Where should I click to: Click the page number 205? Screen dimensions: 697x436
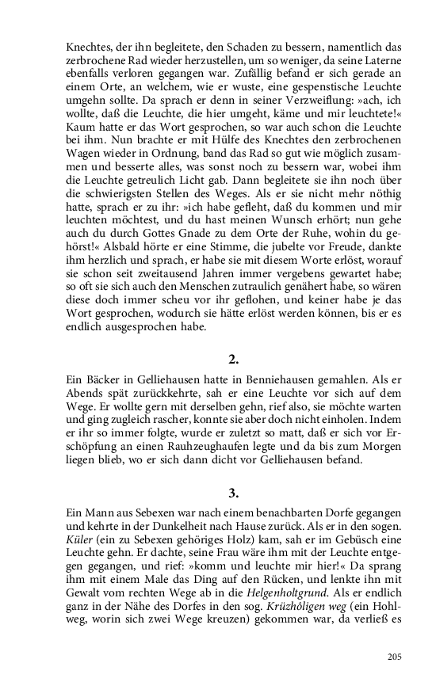(395, 656)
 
